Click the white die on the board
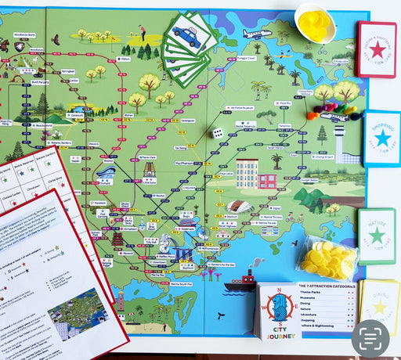pyautogui.click(x=218, y=133)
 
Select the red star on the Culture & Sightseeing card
pyautogui.click(x=377, y=49)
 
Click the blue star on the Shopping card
pyautogui.click(x=382, y=138)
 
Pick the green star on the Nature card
pyautogui.click(x=377, y=235)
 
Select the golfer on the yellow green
pyautogui.click(x=143, y=32)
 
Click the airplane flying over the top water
pyautogui.click(x=256, y=34)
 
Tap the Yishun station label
pyautogui.click(x=125, y=58)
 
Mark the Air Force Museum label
pyautogui.click(x=245, y=101)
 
